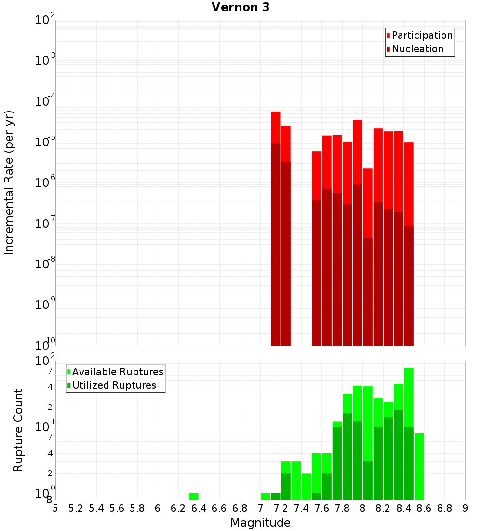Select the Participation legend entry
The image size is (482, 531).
422,35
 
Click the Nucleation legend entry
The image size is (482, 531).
417,49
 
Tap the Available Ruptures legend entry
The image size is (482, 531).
118,372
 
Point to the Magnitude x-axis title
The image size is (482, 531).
260,523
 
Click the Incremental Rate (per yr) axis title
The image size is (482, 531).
9,182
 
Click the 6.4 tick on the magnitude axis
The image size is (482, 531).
199,508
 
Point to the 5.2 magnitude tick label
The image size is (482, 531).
76,508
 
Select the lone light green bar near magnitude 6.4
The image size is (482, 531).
194,496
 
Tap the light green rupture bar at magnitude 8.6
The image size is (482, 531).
419,466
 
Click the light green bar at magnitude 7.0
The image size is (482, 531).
265,496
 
